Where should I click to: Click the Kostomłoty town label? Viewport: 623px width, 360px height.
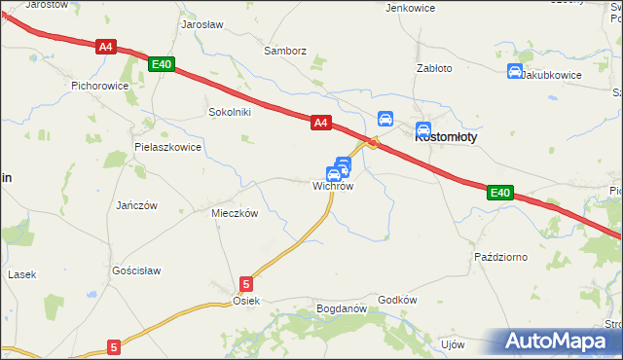click(x=446, y=138)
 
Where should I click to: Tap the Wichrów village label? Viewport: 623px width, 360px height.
click(x=332, y=187)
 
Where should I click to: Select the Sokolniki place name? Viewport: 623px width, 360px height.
click(x=230, y=112)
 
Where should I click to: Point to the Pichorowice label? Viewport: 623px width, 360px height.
click(x=100, y=86)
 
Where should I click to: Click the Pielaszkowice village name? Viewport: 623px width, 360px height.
click(x=167, y=148)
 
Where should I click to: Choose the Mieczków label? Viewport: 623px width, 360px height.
click(x=234, y=213)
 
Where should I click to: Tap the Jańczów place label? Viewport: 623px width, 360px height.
click(x=136, y=205)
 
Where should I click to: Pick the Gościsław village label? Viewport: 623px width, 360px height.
click(x=136, y=270)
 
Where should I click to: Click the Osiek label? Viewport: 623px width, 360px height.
click(x=246, y=302)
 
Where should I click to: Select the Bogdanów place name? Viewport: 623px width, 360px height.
click(x=341, y=309)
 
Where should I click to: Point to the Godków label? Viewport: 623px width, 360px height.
click(x=397, y=300)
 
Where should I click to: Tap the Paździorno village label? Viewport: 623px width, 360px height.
click(x=500, y=257)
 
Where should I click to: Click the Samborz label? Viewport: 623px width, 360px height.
click(x=285, y=51)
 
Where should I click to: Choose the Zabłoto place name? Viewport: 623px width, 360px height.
click(x=434, y=69)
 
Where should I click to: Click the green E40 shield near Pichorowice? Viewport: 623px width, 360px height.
click(x=162, y=64)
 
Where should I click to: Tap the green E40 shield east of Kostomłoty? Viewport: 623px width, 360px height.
click(x=499, y=194)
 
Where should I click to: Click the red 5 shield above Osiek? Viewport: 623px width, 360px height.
click(x=246, y=284)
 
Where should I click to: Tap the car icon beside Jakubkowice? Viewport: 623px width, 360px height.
click(x=515, y=71)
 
